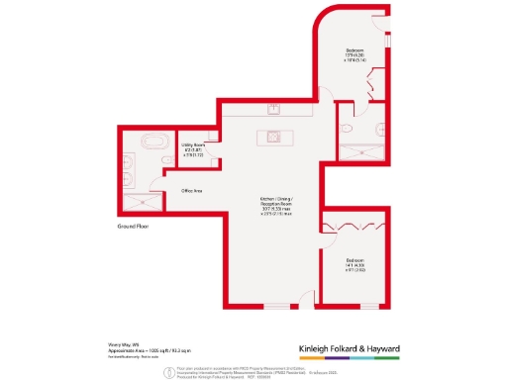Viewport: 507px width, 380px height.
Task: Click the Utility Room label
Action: click(192, 149)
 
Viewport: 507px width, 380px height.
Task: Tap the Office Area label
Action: click(192, 189)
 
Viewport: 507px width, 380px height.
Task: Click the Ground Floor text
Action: click(133, 227)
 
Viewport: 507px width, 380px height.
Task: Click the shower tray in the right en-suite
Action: click(355, 149)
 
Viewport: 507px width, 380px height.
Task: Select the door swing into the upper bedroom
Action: click(351, 107)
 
